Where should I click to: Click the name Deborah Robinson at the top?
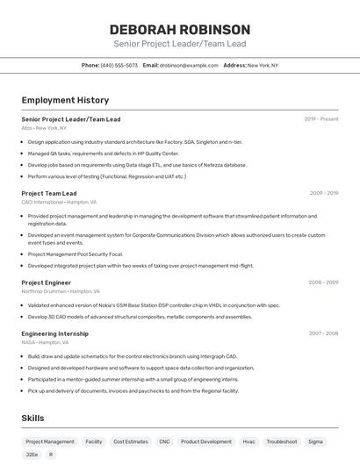[180, 29]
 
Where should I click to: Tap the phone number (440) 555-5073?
[119, 65]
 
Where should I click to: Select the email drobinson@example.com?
[189, 65]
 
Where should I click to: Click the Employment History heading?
[65, 100]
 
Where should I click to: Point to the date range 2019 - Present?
[321, 118]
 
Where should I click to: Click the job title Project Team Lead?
[49, 193]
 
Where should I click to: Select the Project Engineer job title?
[47, 283]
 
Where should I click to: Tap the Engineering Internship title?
[55, 333]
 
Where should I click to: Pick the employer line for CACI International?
[59, 202]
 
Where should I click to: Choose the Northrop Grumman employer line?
[61, 291]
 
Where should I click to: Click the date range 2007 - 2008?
[323, 333]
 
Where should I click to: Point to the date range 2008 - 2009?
[323, 283]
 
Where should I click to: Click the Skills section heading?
[32, 418]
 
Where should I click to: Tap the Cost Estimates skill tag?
[131, 442]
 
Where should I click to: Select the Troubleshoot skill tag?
[282, 442]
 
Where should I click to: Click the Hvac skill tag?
[248, 442]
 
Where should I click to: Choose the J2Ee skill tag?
[32, 455]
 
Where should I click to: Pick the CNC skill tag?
[164, 442]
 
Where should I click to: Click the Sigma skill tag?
[315, 442]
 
